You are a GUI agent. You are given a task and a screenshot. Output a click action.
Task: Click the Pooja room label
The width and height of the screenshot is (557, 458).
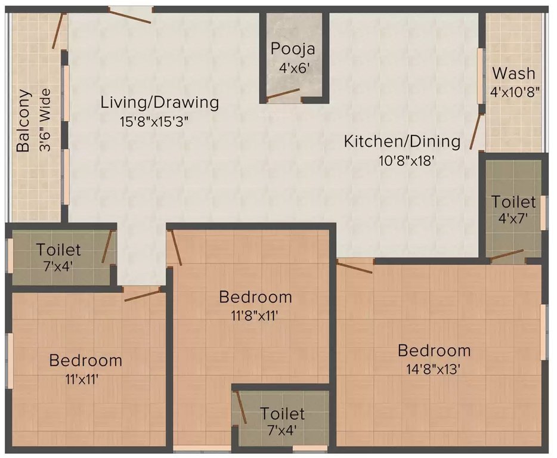tap(292, 49)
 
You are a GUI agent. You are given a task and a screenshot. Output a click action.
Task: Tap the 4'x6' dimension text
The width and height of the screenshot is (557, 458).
tap(292, 68)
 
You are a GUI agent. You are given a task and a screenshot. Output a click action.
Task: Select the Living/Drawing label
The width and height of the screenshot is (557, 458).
tap(159, 102)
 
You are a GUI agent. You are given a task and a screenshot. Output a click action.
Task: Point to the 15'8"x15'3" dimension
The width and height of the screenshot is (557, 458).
tap(157, 121)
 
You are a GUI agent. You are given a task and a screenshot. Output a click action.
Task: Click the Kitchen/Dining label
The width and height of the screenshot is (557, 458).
tap(402, 141)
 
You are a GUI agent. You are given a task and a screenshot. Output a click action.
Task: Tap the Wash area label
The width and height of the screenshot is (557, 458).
tap(513, 74)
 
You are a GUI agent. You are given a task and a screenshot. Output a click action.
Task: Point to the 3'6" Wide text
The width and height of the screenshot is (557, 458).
tap(45, 120)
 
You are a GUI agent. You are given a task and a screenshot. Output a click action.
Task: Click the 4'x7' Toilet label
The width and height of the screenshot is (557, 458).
tap(513, 202)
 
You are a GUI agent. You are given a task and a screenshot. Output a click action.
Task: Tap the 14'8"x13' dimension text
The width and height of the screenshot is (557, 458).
tap(434, 369)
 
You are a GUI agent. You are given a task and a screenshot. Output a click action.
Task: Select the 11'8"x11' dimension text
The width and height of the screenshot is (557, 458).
tap(255, 315)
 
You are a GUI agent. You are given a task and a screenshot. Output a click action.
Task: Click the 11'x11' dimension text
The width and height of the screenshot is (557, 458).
tap(85, 378)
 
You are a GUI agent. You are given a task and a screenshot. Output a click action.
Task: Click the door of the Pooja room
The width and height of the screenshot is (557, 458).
tap(282, 94)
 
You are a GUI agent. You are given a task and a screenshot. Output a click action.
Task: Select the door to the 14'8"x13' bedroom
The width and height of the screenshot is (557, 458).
tap(355, 266)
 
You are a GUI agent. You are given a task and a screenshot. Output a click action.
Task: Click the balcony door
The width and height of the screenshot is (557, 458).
tap(57, 32)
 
